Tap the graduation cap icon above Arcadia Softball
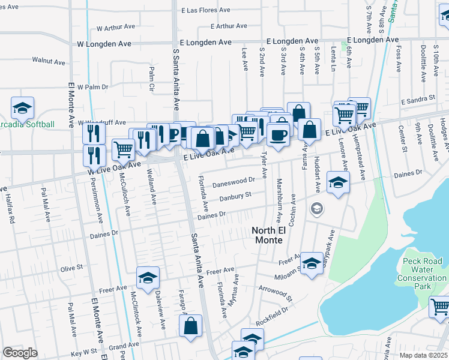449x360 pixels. pyautogui.click(x=23, y=108)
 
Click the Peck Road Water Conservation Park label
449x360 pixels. pyautogui.click(x=422, y=270)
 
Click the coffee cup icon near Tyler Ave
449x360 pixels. pyautogui.click(x=277, y=134)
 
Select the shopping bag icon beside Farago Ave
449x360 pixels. pyautogui.click(x=191, y=326)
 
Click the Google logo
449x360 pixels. pyautogui.click(x=20, y=352)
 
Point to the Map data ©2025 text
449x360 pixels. pyautogui.click(x=423, y=355)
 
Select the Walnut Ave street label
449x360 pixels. pyautogui.click(x=49, y=61)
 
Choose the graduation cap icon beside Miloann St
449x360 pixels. pyautogui.click(x=311, y=263)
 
